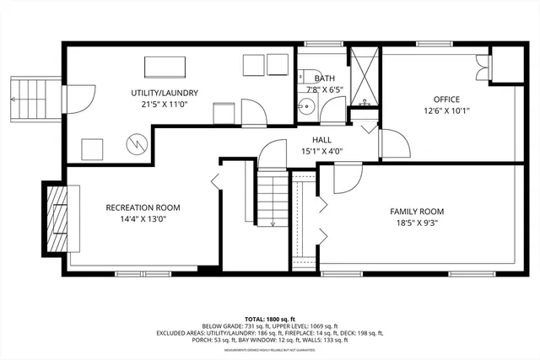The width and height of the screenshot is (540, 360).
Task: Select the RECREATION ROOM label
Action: (x=143, y=207)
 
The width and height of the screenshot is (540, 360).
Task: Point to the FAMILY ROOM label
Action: (x=417, y=211)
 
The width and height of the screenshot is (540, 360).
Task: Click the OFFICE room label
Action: (x=447, y=99)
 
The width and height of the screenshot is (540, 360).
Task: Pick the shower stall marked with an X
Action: (x=364, y=75)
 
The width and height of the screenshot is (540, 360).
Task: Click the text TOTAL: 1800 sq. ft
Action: (x=270, y=318)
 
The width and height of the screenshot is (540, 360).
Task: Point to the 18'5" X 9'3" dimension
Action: (x=417, y=223)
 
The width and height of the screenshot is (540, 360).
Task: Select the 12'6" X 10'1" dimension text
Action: (x=447, y=110)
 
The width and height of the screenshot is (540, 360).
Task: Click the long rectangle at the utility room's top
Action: (x=165, y=65)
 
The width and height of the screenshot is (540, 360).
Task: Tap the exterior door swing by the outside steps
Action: (x=78, y=99)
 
